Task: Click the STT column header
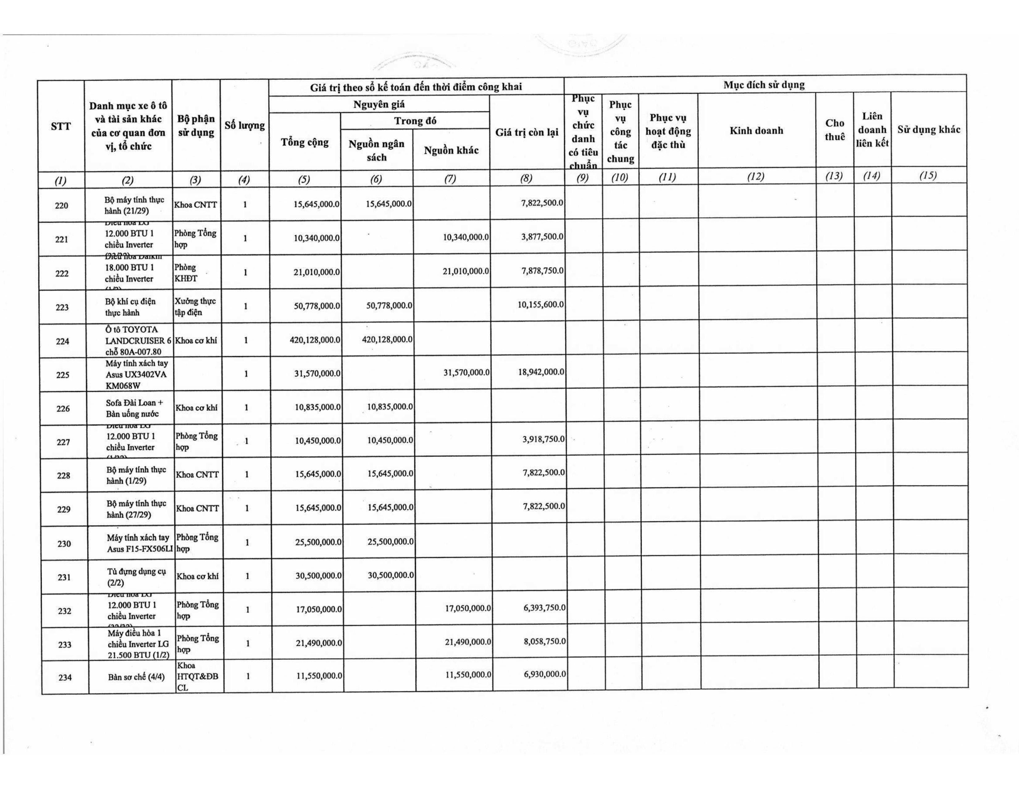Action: [x=61, y=126]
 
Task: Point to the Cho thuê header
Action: [x=834, y=130]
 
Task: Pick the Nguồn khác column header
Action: [x=451, y=150]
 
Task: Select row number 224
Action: [x=62, y=341]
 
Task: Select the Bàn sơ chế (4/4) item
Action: [x=136, y=677]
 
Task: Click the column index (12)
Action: [x=756, y=176]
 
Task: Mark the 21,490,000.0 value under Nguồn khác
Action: [x=468, y=642]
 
